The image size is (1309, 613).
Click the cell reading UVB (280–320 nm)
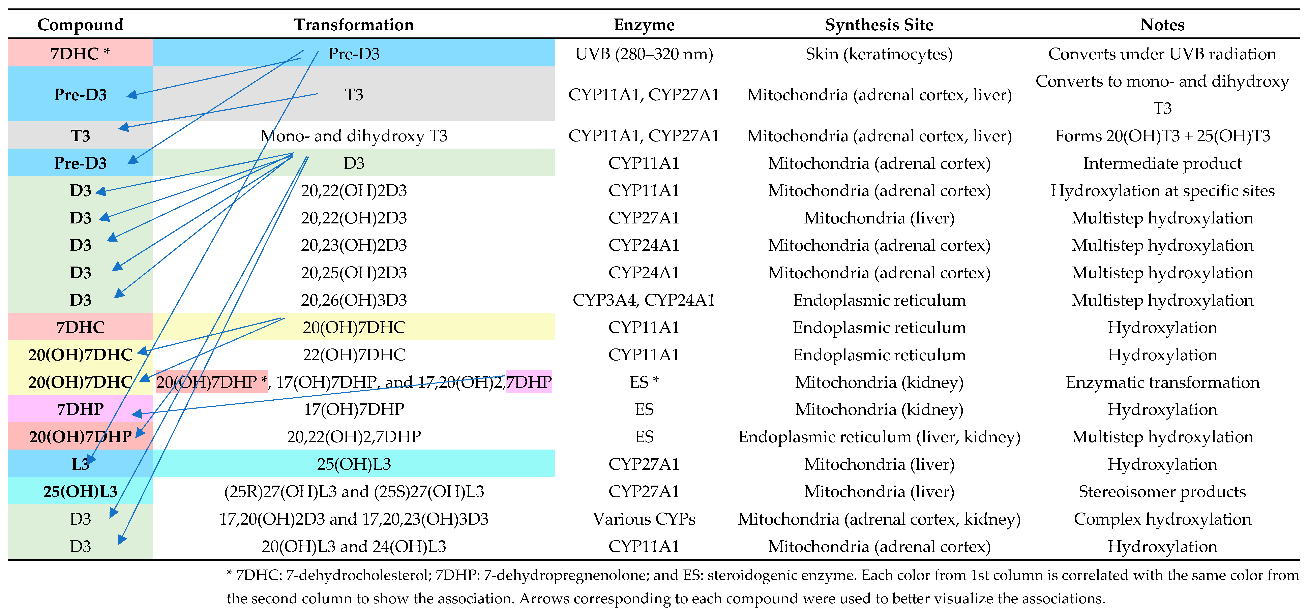point(644,54)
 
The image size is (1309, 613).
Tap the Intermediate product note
point(1162,163)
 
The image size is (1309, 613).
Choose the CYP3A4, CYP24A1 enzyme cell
point(644,300)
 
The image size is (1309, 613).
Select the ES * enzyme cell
point(644,382)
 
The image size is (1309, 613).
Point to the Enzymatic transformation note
point(1162,382)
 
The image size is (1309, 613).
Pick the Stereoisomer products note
point(1162,492)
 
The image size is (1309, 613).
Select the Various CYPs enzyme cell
point(644,519)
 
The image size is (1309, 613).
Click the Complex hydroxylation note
point(1162,519)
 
